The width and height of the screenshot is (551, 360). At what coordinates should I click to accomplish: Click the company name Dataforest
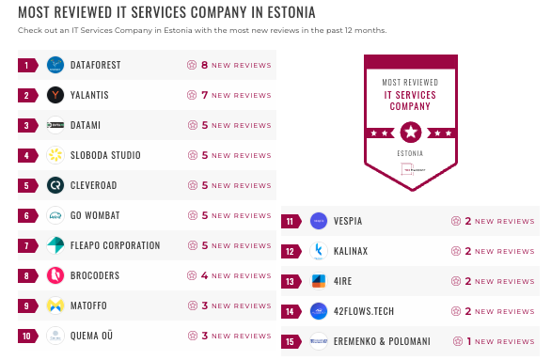click(x=95, y=66)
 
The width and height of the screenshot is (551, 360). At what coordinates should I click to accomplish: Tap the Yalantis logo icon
click(x=55, y=95)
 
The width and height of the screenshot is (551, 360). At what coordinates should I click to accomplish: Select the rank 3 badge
click(x=28, y=125)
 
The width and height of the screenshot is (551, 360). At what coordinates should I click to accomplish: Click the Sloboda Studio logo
click(x=55, y=155)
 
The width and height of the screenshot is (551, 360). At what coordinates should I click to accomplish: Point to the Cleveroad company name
click(x=94, y=185)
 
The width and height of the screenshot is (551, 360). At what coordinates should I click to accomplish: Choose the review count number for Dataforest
click(x=204, y=66)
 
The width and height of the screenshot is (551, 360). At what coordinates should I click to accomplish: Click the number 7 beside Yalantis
click(x=204, y=95)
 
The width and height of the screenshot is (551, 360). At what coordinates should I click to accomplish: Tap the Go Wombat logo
click(x=55, y=215)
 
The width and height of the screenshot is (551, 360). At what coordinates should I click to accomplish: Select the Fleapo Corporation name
click(x=116, y=245)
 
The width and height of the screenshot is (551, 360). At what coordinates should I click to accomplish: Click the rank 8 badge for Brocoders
click(x=28, y=275)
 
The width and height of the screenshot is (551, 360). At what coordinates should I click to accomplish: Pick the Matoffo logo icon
click(x=55, y=305)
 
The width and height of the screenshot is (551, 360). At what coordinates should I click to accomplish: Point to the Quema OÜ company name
click(x=92, y=336)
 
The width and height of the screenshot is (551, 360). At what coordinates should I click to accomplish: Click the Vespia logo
click(x=318, y=221)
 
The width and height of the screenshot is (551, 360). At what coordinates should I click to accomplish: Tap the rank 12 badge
click(x=291, y=251)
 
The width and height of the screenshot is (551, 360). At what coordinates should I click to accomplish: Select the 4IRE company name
click(x=343, y=281)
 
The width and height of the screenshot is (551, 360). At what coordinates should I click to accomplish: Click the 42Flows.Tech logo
click(x=318, y=311)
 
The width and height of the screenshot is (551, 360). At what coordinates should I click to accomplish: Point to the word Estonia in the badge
click(x=409, y=152)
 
